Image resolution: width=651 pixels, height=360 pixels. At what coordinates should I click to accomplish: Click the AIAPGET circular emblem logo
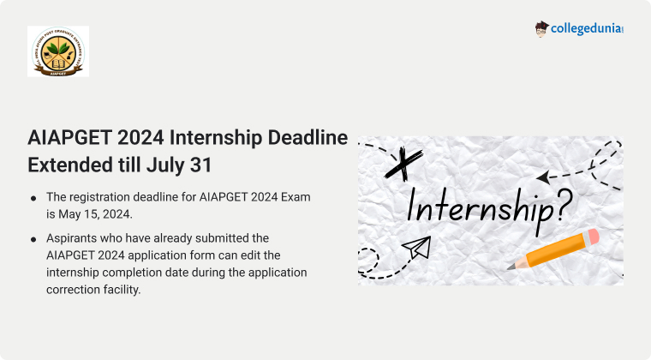58,51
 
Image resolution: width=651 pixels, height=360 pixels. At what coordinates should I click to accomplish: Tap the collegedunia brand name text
587,28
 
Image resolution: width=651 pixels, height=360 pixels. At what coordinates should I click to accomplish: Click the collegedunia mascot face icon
541,29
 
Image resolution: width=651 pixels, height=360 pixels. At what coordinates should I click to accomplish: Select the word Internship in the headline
216,138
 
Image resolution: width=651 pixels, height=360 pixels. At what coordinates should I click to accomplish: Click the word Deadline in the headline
308,137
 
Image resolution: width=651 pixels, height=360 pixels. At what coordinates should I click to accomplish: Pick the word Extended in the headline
70,165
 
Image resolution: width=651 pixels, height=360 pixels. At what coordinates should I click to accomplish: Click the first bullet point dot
33,199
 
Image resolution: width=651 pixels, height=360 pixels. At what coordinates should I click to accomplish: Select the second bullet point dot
33,240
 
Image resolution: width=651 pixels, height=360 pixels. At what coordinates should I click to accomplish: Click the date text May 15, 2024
95,214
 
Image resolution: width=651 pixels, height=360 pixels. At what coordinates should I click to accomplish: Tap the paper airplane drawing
416,247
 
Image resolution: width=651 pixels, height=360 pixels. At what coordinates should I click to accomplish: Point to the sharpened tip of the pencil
510,267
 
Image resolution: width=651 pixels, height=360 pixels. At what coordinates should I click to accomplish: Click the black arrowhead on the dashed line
543,177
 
